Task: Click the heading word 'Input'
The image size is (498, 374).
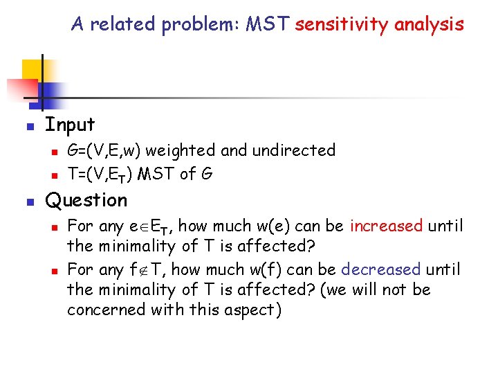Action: coord(70,125)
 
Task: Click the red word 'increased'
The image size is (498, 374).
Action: coord(387,226)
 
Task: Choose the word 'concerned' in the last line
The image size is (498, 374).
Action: coord(104,310)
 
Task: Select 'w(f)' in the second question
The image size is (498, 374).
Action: coord(262,269)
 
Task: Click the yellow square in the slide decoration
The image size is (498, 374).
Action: coord(33,70)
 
